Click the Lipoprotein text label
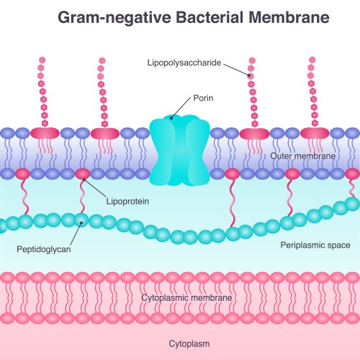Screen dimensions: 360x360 [x=127, y=202]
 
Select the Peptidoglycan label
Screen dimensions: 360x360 [x=42, y=249]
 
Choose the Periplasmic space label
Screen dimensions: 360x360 [x=315, y=246]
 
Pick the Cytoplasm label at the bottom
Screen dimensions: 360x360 [x=189, y=343]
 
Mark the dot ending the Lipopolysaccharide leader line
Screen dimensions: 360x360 [x=251, y=75]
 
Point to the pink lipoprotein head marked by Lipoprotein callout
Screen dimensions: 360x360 [x=83, y=174]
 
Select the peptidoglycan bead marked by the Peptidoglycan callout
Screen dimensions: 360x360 [x=81, y=222]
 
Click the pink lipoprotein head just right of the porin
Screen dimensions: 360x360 [x=232, y=174]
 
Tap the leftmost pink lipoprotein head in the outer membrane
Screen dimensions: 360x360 [x=23, y=174]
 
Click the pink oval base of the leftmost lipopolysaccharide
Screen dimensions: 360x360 [x=45, y=134]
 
